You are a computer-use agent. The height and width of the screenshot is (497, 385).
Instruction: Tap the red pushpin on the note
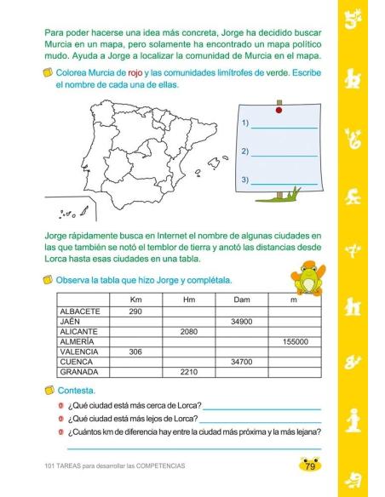pos(279,110)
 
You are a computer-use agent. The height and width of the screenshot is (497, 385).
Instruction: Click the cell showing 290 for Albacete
pos(135,311)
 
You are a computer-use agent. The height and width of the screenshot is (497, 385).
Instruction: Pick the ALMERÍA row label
pos(78,342)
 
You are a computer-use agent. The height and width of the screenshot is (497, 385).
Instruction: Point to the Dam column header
pos(242,300)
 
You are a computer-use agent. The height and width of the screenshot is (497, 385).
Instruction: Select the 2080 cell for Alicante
pos(189,332)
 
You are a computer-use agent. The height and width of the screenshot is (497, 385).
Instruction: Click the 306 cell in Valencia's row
pos(135,351)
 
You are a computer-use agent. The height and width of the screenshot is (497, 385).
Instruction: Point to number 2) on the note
pos(245,152)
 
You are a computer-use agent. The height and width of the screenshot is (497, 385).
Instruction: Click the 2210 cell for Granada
pos(189,372)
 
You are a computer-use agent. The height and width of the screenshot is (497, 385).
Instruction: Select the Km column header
pos(135,300)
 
